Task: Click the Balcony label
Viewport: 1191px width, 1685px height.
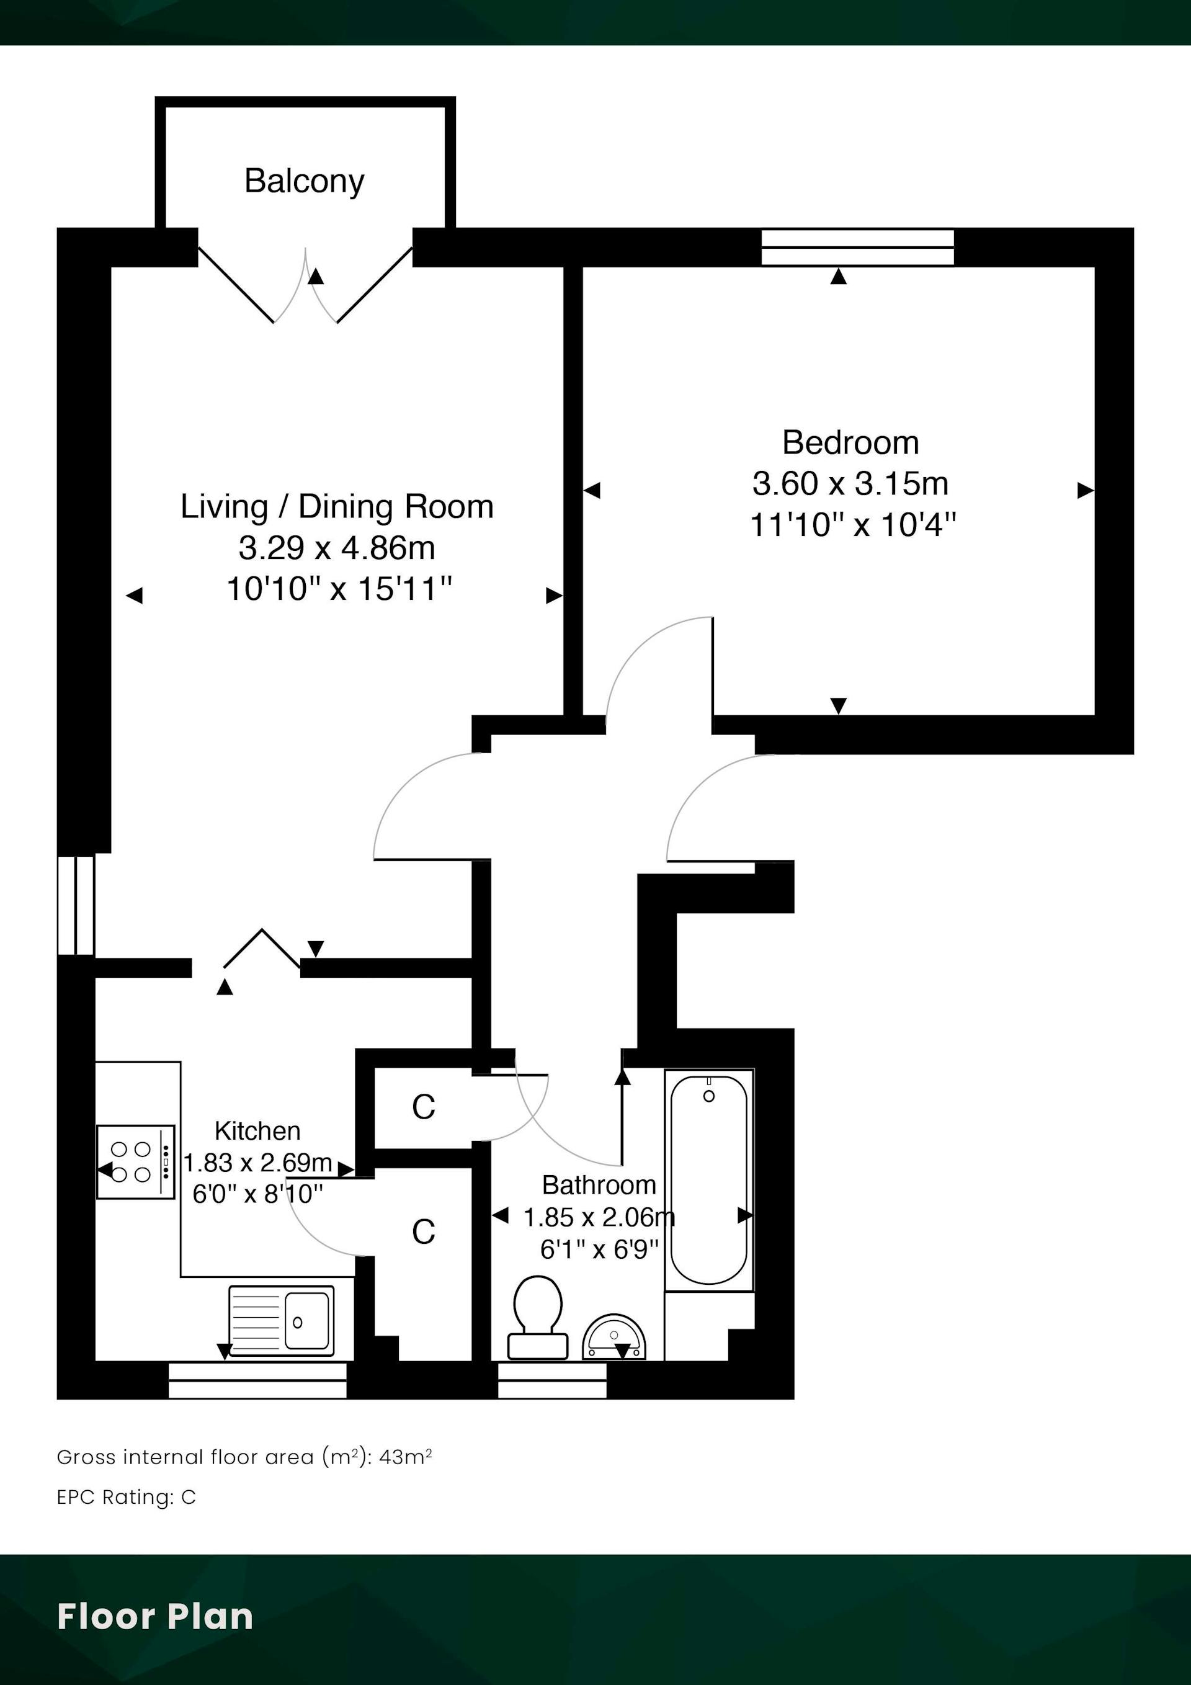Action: click(304, 181)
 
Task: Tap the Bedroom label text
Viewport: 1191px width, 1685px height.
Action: click(850, 442)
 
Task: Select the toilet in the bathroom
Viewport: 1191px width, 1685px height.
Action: click(538, 1317)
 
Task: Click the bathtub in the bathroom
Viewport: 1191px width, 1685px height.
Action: click(709, 1179)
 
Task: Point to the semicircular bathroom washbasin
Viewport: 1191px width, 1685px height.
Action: click(614, 1336)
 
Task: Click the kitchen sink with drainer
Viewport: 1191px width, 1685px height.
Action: click(281, 1320)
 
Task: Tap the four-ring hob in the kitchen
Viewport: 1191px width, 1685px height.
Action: click(136, 1162)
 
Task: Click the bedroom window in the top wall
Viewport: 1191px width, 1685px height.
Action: click(857, 248)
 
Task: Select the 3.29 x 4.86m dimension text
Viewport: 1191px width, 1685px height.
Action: click(337, 547)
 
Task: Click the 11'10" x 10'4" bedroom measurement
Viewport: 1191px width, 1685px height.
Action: click(853, 525)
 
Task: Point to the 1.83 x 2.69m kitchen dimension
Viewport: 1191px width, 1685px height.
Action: click(257, 1163)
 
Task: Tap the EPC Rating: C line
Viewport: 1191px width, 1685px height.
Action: click(126, 1497)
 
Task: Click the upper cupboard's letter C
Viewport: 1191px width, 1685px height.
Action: click(424, 1107)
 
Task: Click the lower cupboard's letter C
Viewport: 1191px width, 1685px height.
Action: click(424, 1232)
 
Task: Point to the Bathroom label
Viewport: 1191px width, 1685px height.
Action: click(599, 1184)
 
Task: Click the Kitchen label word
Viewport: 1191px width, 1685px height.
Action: click(257, 1131)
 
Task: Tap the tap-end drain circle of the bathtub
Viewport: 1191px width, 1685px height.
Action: click(709, 1096)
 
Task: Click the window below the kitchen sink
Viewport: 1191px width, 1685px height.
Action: click(257, 1380)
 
